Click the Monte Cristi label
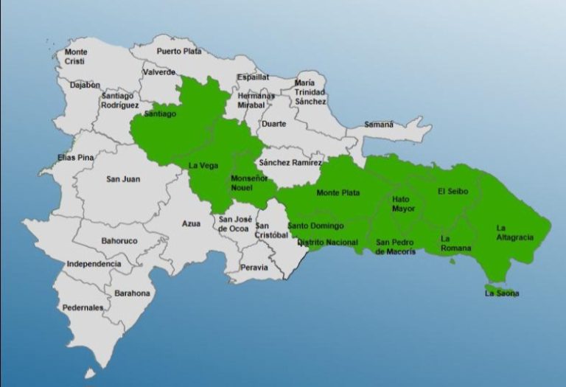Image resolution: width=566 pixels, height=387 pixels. click(x=75, y=57)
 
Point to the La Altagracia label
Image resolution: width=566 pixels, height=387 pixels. click(x=511, y=233)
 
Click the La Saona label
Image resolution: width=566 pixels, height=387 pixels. click(x=501, y=293)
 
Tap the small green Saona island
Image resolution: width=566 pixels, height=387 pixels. click(x=492, y=287)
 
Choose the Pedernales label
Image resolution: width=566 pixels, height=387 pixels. click(x=83, y=307)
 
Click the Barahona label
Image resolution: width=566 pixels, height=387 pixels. click(x=132, y=293)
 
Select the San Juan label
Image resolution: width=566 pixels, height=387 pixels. click(x=123, y=179)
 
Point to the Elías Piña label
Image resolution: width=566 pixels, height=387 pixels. click(x=77, y=158)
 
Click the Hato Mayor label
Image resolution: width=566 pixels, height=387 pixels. click(x=404, y=204)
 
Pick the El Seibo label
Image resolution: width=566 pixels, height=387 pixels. click(x=452, y=192)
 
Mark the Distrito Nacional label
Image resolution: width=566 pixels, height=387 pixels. click(x=327, y=243)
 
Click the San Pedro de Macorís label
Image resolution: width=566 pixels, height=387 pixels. click(x=396, y=247)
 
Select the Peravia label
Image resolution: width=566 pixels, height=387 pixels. click(x=254, y=268)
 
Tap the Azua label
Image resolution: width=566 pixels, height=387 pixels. click(x=192, y=223)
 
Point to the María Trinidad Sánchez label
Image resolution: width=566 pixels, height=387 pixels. click(x=310, y=92)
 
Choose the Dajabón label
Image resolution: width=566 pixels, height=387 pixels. click(x=85, y=86)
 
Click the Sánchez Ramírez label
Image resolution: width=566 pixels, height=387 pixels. click(x=290, y=162)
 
